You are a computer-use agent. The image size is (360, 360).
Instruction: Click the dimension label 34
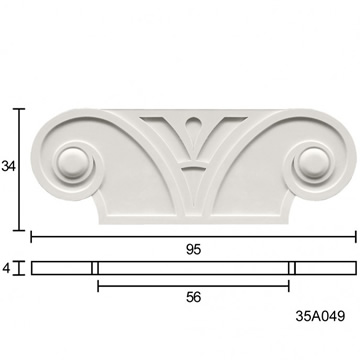point(8,166)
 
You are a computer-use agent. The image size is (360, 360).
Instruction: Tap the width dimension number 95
point(194,250)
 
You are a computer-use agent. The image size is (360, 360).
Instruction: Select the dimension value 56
point(194,297)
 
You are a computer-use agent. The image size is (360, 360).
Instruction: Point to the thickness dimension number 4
point(6,268)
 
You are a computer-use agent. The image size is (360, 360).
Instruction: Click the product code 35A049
point(320,316)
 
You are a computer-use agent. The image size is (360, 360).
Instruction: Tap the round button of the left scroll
point(73,163)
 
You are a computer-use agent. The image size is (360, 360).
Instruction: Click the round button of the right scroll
point(314,163)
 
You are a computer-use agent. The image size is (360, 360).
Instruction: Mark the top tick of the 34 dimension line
point(19,109)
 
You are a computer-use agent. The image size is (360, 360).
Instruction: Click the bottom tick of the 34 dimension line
point(19,230)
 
